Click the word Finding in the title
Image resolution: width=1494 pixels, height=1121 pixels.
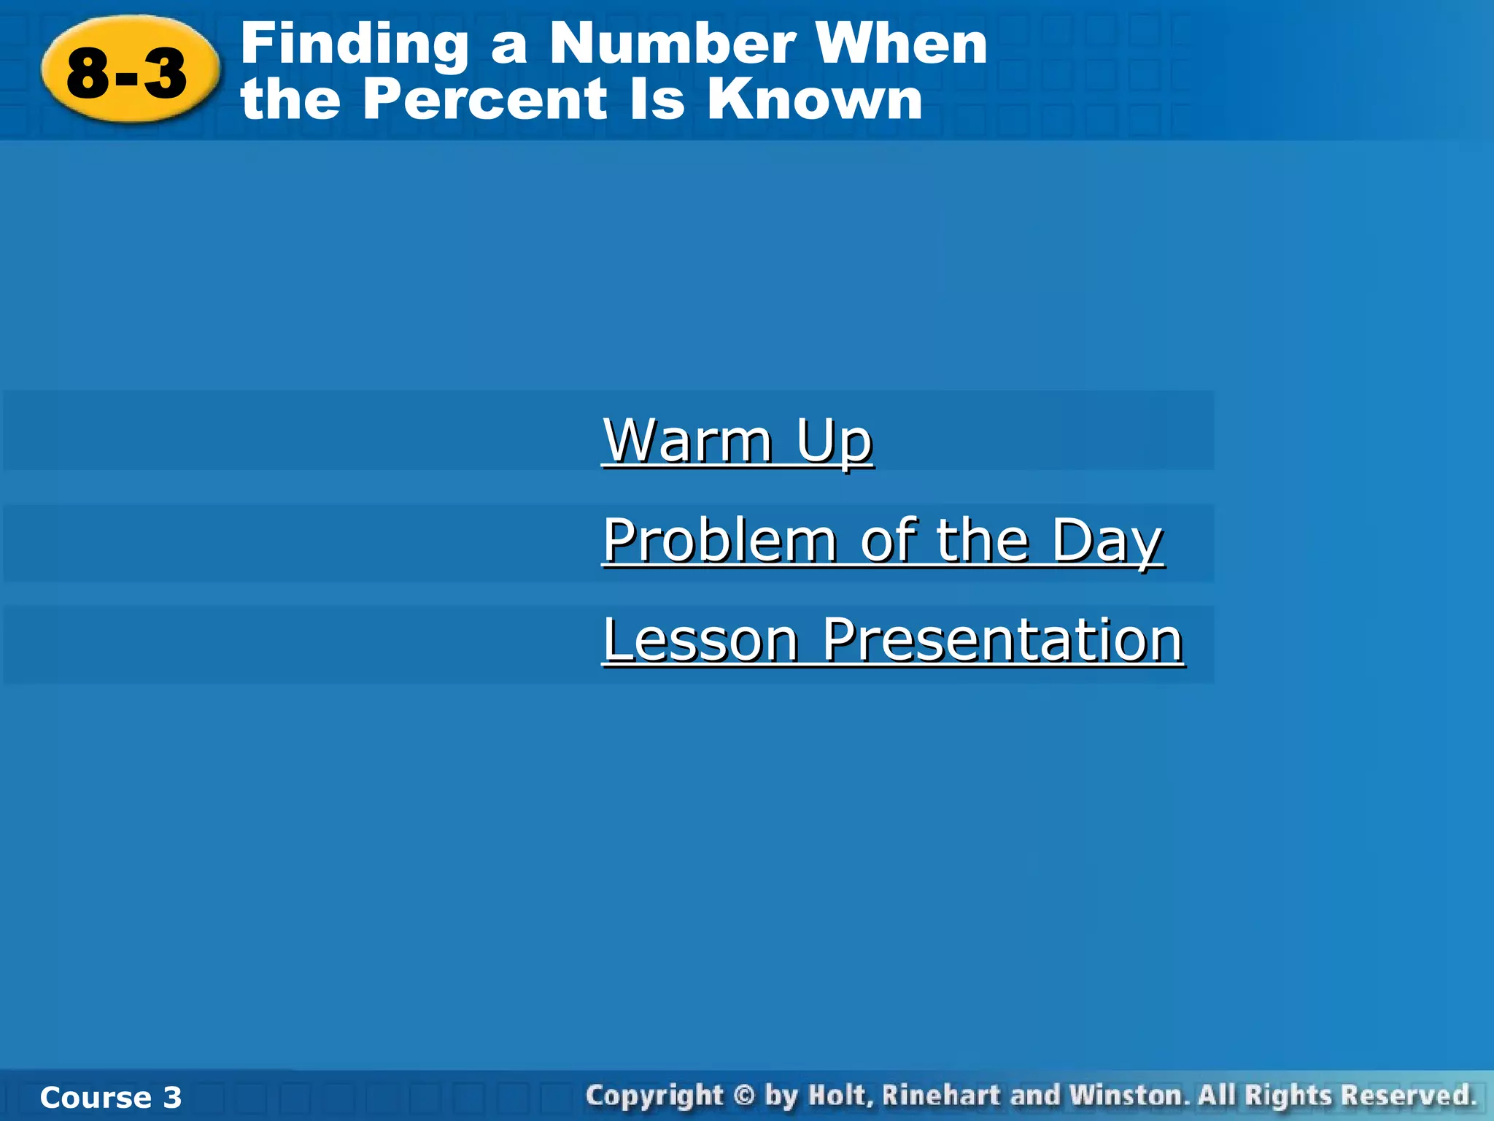pyautogui.click(x=354, y=45)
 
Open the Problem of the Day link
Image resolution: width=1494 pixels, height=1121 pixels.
pyautogui.click(x=883, y=540)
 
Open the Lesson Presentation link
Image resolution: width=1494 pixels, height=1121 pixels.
pyautogui.click(x=893, y=639)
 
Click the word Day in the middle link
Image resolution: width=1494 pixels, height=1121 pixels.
pyautogui.click(x=1107, y=540)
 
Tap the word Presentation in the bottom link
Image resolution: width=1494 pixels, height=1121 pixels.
pyautogui.click(x=1002, y=639)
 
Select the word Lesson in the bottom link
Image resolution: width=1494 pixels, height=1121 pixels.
pyautogui.click(x=701, y=639)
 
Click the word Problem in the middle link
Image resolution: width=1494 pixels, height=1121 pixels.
pyautogui.click(x=720, y=540)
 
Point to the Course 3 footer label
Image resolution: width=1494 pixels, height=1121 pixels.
pyautogui.click(x=111, y=1097)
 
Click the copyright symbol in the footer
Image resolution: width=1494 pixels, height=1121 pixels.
pyautogui.click(x=743, y=1096)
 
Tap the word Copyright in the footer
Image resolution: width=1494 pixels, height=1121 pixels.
pyautogui.click(x=654, y=1096)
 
